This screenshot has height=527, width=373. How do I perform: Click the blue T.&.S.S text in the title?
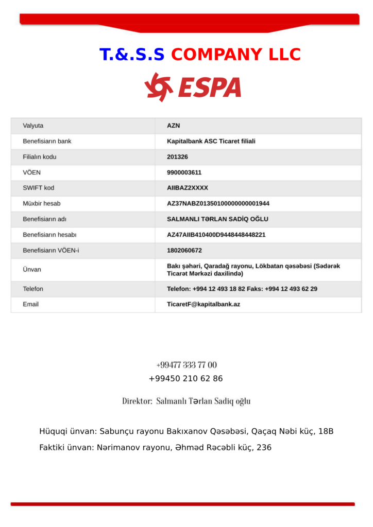click(132, 55)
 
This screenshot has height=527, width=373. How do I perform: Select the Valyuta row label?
click(33, 126)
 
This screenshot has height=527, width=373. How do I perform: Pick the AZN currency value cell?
click(174, 126)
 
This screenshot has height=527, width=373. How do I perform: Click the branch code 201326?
click(177, 157)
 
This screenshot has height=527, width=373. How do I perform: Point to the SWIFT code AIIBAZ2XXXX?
click(188, 188)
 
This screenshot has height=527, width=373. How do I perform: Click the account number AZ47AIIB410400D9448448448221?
click(216, 235)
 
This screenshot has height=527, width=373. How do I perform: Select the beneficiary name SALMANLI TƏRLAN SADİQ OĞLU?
click(217, 219)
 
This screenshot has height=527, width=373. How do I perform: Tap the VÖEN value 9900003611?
click(184, 172)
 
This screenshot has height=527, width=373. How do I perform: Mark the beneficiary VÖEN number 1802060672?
click(184, 251)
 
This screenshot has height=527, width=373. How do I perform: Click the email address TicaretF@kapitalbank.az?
click(204, 304)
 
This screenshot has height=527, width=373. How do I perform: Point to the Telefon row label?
click(33, 289)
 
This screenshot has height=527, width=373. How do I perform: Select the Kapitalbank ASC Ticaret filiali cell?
click(211, 141)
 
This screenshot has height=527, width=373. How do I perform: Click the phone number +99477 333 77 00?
click(186, 365)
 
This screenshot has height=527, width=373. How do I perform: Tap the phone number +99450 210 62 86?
click(186, 379)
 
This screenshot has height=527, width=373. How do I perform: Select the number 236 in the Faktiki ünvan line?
click(264, 448)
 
